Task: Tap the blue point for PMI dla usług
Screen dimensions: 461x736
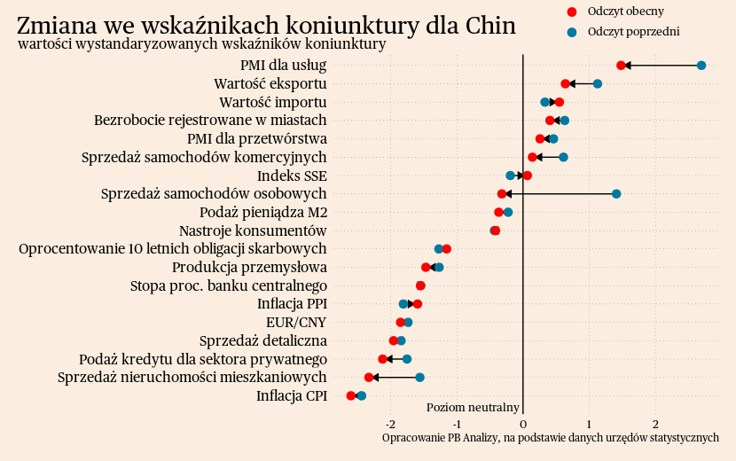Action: coord(701,66)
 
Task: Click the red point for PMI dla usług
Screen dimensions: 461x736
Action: coord(621,66)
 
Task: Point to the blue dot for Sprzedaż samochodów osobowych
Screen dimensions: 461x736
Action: coord(616,194)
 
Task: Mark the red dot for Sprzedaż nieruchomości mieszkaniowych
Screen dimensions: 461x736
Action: coord(369,378)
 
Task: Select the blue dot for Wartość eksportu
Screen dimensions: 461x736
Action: coord(598,84)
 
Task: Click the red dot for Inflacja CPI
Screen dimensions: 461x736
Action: coord(351,395)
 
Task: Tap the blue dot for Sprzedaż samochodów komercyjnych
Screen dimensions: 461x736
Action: coord(563,158)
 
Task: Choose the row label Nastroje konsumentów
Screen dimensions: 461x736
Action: coord(253,230)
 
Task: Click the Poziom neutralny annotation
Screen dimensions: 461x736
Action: coord(473,408)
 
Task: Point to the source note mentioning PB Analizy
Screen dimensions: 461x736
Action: coord(550,438)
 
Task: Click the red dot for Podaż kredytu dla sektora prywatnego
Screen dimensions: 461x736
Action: coord(383,359)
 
